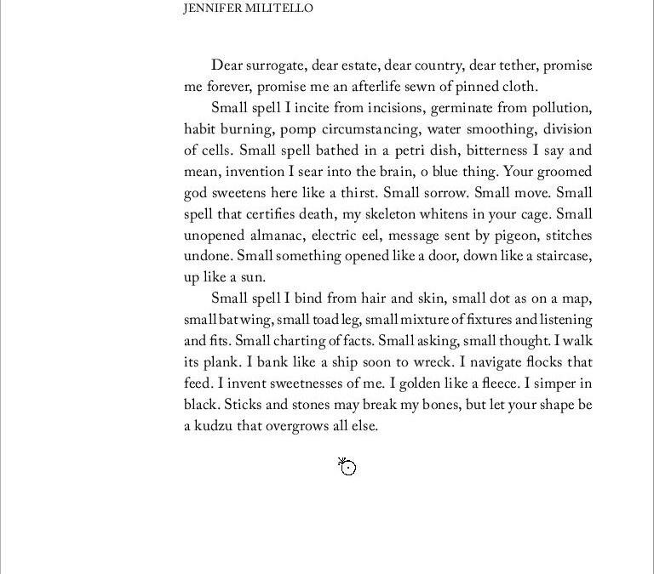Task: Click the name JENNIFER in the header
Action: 210,9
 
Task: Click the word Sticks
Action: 241,405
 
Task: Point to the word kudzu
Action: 215,426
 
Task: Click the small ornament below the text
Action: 347,467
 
